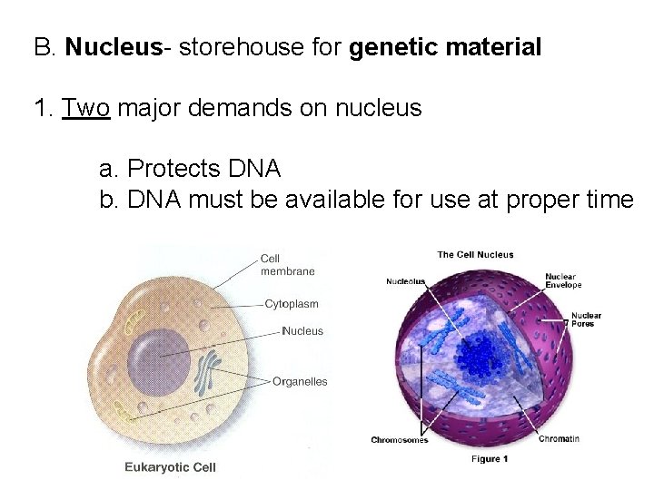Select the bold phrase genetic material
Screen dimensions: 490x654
point(444,47)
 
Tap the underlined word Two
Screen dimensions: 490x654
point(85,109)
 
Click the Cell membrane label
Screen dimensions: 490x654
point(286,264)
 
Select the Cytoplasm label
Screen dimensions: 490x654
point(291,303)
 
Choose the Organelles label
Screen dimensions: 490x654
point(300,382)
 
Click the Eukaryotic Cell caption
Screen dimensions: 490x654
point(169,467)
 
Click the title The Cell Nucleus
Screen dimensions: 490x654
point(475,255)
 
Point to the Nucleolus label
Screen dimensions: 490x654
point(405,281)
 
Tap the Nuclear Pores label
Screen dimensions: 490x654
point(586,319)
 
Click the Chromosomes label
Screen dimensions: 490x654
point(400,440)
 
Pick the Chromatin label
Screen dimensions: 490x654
point(559,439)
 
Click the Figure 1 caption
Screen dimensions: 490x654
point(490,459)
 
